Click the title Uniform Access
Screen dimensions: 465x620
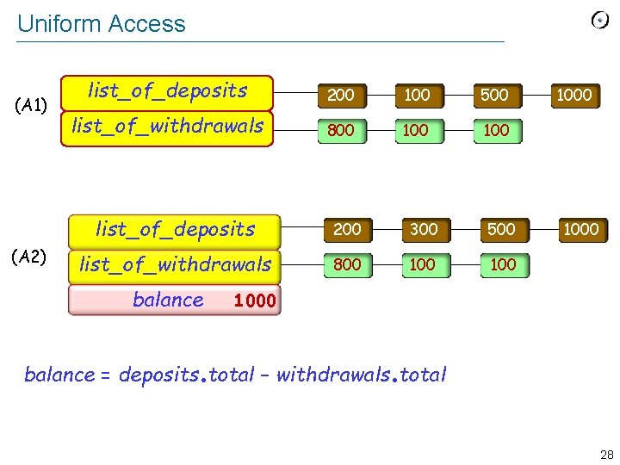click(101, 23)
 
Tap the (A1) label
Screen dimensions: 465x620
click(31, 106)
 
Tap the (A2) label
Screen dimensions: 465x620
click(31, 257)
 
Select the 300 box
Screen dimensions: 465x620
click(423, 229)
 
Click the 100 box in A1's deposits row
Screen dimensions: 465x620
click(417, 95)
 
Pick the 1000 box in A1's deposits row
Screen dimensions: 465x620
click(573, 95)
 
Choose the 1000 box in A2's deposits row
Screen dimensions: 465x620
click(580, 229)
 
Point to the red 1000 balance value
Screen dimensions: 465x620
click(255, 301)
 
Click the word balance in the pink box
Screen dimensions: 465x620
click(168, 300)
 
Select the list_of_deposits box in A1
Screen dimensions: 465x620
click(167, 90)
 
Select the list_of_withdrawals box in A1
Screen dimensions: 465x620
click(167, 127)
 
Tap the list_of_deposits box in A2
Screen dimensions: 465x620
click(175, 229)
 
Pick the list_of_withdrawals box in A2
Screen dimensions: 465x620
click(175, 264)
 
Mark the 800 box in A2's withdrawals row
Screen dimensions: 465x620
click(347, 264)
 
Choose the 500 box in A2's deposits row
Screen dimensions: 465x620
click(501, 229)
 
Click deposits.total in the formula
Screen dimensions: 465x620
click(186, 375)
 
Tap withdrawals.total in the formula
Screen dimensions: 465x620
click(361, 375)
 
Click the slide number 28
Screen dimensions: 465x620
click(606, 455)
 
